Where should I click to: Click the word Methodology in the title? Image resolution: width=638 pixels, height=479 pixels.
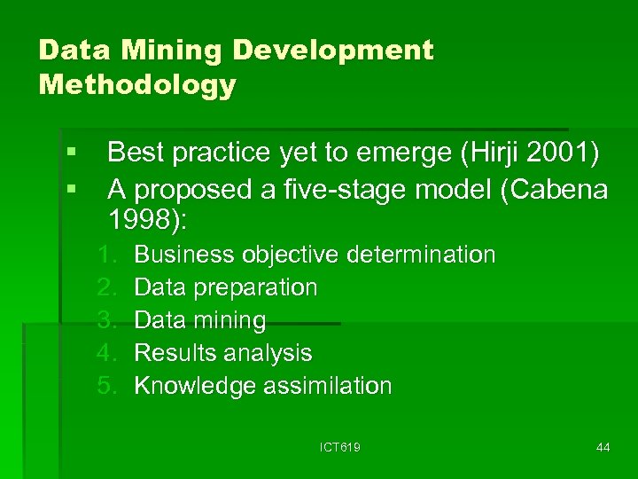click(137, 85)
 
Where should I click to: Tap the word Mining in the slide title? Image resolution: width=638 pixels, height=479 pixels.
click(158, 50)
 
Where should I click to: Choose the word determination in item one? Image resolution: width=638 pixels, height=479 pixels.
click(421, 255)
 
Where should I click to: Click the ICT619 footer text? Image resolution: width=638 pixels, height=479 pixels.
click(340, 448)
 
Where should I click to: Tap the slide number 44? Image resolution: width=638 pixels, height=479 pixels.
click(603, 448)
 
